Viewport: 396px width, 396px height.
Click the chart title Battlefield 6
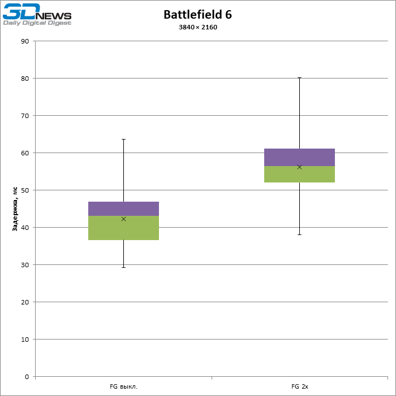coord(197,15)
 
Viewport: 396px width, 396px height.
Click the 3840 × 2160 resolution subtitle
coord(197,27)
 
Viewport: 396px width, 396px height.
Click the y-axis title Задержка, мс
coord(15,209)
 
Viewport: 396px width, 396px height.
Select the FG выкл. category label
coord(123,387)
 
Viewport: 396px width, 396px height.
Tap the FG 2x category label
coord(299,387)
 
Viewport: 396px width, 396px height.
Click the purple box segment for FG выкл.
coord(123,208)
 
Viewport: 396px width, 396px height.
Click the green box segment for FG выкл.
coord(123,228)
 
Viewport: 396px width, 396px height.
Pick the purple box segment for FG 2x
coord(299,157)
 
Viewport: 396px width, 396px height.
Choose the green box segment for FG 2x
coord(299,174)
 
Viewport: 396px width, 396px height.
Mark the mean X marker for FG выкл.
coord(123,219)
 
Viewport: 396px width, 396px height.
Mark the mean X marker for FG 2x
coord(299,167)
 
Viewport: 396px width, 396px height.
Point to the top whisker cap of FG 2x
coord(299,78)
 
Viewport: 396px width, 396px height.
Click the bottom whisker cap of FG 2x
coord(299,234)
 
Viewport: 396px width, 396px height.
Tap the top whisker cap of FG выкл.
coord(123,139)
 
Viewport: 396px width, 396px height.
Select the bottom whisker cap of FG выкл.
coord(123,267)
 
